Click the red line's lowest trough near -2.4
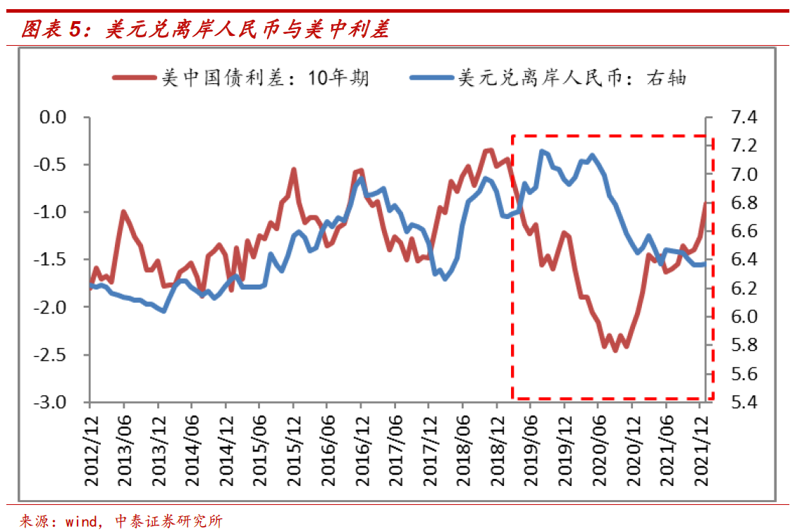(x=615, y=350)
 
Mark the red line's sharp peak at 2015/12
(x=293, y=170)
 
